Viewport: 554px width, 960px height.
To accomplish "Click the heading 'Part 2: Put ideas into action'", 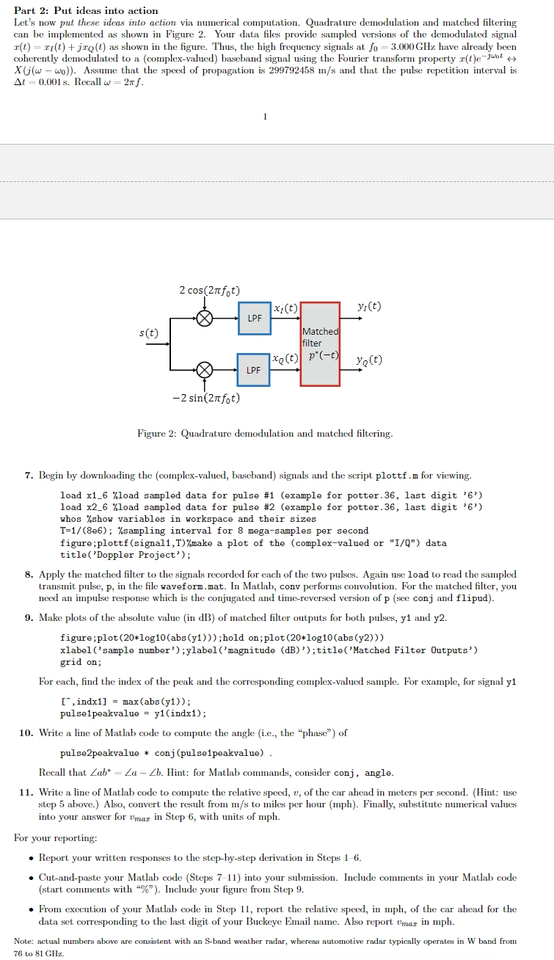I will (x=86, y=10).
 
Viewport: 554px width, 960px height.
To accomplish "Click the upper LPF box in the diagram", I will (x=254, y=319).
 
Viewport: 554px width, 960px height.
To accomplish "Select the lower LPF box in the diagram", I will (x=254, y=370).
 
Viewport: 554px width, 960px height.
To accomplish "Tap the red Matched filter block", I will (x=320, y=343).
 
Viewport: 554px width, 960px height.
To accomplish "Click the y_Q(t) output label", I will (x=368, y=360).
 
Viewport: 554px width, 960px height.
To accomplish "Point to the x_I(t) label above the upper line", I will (x=285, y=309).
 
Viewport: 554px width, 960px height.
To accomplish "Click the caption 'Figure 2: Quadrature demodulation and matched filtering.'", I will (x=265, y=434).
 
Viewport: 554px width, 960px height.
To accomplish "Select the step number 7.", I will (x=28, y=476).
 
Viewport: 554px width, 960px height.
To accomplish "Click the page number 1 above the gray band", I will (x=265, y=115).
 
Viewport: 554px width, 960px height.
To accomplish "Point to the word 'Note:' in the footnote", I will (x=24, y=941).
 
